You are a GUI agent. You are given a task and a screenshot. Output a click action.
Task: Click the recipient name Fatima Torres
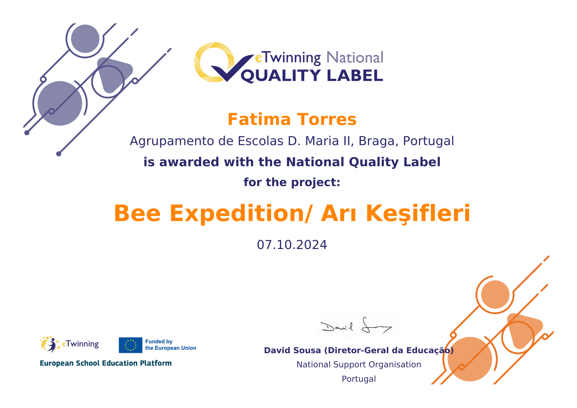click(292, 119)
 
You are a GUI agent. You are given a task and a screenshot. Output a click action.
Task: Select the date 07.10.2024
click(292, 245)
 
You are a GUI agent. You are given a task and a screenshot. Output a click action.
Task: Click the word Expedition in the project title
click(236, 214)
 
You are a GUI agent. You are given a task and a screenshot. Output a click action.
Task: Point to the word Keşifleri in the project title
click(418, 214)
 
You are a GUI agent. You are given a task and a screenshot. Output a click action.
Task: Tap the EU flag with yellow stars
click(130, 345)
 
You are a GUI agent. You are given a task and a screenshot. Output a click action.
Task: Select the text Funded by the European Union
click(171, 345)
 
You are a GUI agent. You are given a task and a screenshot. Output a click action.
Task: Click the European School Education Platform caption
click(106, 363)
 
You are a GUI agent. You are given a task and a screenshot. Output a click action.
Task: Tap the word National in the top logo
click(355, 57)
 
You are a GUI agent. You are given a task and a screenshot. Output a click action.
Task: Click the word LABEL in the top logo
click(355, 76)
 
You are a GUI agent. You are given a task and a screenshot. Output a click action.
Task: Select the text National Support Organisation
click(359, 364)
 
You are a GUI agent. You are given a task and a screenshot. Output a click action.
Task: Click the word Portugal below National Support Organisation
click(359, 379)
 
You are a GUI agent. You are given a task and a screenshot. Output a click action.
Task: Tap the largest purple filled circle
click(60, 103)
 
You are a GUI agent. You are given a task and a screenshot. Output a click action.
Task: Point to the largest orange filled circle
click(470, 359)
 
